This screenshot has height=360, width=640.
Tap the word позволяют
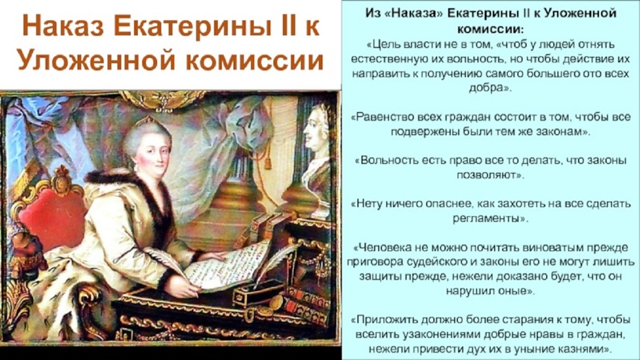coord(487,175)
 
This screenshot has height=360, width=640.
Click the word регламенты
coord(486,219)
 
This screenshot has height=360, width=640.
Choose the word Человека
coord(384,248)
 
